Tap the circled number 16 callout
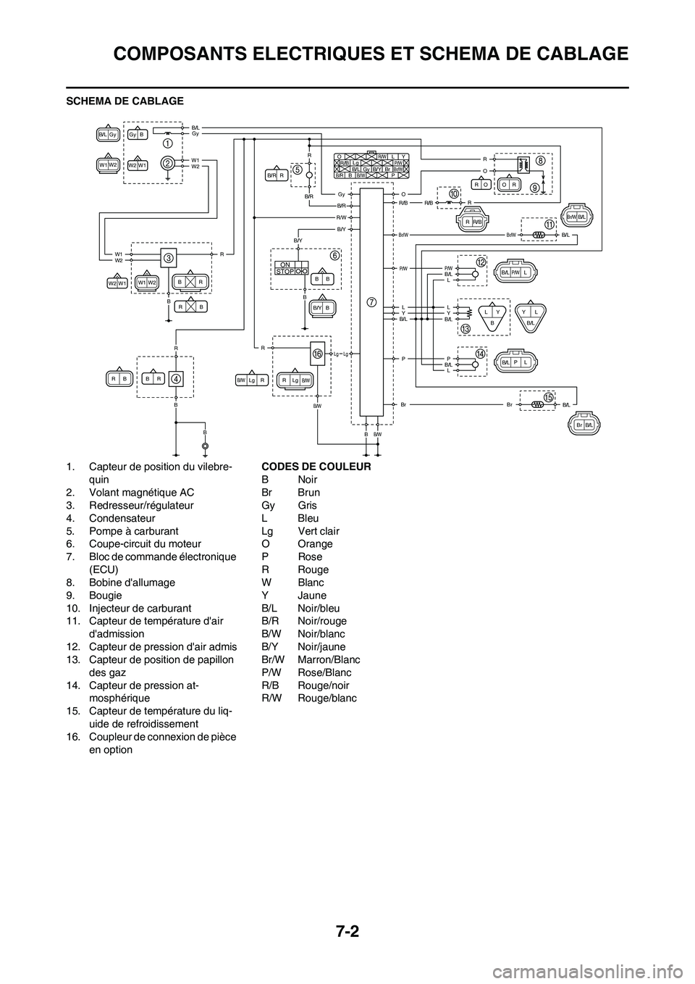coord(317,353)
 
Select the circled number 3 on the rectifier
coord(167,258)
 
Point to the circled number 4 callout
coord(176,378)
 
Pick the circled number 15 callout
coord(548,398)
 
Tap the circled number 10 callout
coord(454,194)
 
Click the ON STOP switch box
coord(292,268)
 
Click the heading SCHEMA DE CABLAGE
coord(125,100)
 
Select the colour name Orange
coord(315,543)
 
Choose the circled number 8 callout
coord(540,161)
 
